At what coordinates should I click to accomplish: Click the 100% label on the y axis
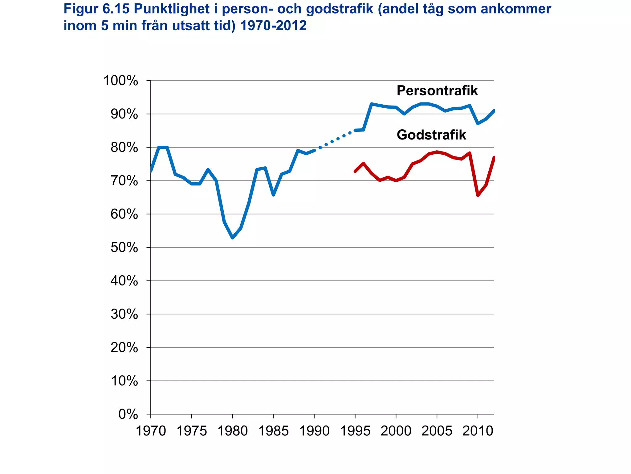pos(120,81)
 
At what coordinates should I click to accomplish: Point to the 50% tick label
pos(124,248)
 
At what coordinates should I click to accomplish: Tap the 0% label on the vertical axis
pos(128,414)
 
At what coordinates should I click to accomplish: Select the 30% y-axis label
pos(124,314)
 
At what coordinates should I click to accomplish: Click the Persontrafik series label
pos(437,91)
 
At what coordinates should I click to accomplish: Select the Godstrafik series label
pos(431,135)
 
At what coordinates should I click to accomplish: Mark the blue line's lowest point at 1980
pos(232,238)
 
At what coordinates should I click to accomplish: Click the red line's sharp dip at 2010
pos(478,195)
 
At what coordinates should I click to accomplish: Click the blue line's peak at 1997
pos(372,104)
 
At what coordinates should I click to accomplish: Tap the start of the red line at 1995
pos(355,171)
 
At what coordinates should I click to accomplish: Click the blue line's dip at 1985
pos(273,195)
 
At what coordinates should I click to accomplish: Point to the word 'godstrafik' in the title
pos(339,9)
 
